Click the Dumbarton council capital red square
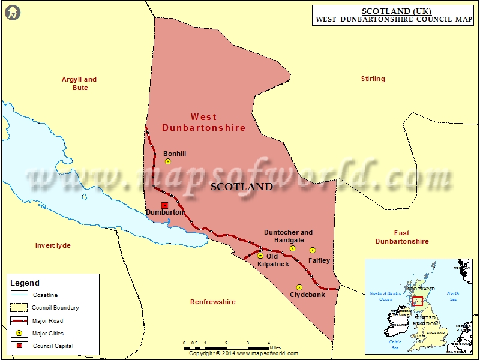pyautogui.click(x=164, y=205)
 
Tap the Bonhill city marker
pyautogui.click(x=168, y=161)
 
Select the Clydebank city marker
pyautogui.click(x=299, y=287)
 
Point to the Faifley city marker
pyautogui.click(x=312, y=250)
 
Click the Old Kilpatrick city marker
pyautogui.click(x=260, y=256)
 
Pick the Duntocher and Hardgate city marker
pyautogui.click(x=293, y=248)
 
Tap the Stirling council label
pyautogui.click(x=373, y=79)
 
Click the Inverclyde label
pyautogui.click(x=53, y=245)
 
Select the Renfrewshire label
pyautogui.click(x=212, y=302)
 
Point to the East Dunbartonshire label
pyautogui.click(x=402, y=237)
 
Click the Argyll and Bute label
pyautogui.click(x=79, y=83)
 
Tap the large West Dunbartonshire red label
pyautogui.click(x=204, y=122)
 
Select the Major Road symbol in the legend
pyautogui.click(x=20, y=321)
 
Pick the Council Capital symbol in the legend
pyautogui.click(x=20, y=346)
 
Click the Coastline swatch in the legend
pyautogui.click(x=20, y=295)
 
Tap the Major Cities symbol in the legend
pyautogui.click(x=20, y=334)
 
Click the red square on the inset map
pyautogui.click(x=418, y=301)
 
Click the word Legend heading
pyautogui.click(x=25, y=283)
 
